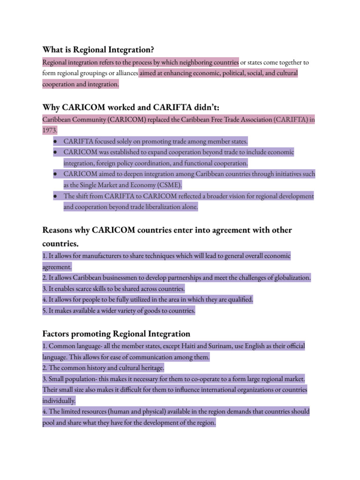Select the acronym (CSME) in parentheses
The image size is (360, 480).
168,185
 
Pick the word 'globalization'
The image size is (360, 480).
290,277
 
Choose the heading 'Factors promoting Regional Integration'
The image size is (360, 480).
116,334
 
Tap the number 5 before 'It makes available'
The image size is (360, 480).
44,310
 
